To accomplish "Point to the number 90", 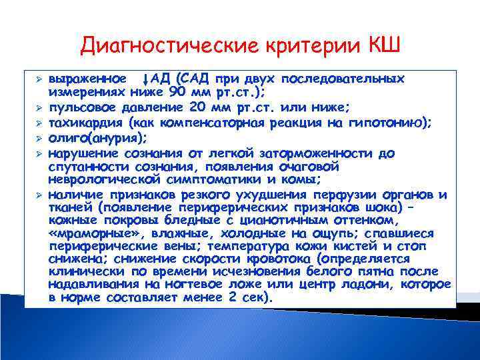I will tap(177, 91).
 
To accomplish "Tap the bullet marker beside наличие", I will tap(39, 195).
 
